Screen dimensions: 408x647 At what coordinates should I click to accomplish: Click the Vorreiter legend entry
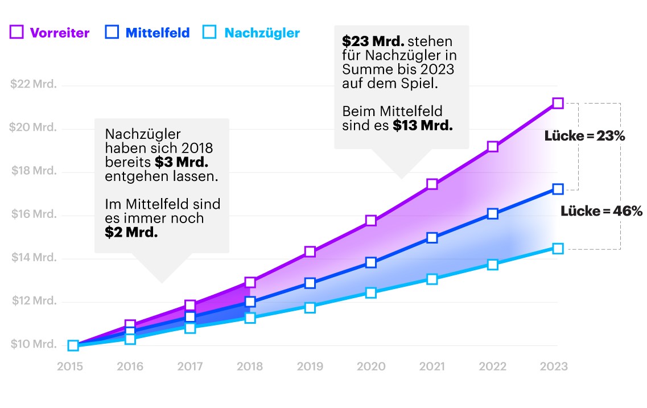[50, 32]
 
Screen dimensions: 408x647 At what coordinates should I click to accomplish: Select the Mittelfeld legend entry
[147, 32]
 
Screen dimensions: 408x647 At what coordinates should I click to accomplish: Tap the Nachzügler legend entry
[251, 32]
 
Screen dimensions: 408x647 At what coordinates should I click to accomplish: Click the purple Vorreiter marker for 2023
[558, 103]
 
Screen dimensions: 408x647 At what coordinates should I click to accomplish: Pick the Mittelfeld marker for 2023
[558, 189]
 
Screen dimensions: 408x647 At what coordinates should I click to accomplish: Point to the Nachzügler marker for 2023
[558, 249]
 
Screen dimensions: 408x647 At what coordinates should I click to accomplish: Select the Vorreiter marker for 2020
[371, 220]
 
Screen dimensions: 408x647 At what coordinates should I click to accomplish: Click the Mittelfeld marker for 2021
[432, 238]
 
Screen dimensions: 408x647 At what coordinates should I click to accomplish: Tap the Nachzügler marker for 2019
[310, 308]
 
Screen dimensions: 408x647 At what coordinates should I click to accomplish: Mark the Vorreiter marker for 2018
[250, 282]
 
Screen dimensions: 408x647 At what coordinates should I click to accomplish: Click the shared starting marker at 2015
[73, 345]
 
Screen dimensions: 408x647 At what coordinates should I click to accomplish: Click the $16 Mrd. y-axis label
[34, 215]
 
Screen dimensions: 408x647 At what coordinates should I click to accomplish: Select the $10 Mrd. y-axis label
[34, 344]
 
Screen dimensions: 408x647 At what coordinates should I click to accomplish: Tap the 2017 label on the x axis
[190, 366]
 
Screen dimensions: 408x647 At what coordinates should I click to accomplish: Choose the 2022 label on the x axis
[493, 366]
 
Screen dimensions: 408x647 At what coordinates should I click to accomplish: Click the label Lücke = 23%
[584, 137]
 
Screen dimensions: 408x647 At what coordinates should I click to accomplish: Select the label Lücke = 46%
[601, 211]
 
